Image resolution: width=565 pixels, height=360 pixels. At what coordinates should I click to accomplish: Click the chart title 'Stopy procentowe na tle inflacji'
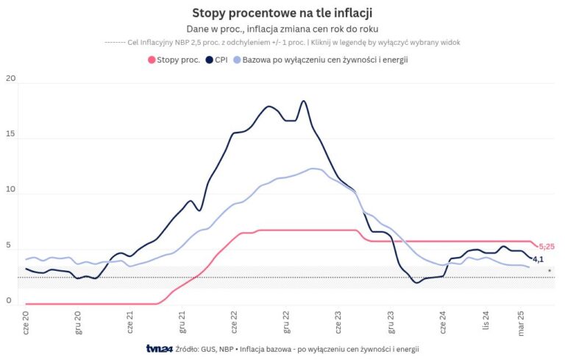click(282, 13)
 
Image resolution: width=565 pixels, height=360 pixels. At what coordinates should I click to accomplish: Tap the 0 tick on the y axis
click(9, 300)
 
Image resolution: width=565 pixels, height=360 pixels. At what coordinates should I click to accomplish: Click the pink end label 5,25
click(547, 247)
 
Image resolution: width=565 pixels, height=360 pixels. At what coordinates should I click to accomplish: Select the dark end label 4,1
click(538, 259)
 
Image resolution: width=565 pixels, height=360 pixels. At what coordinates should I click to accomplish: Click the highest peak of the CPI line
click(303, 101)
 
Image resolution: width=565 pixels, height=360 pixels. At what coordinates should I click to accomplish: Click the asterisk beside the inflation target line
click(549, 272)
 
